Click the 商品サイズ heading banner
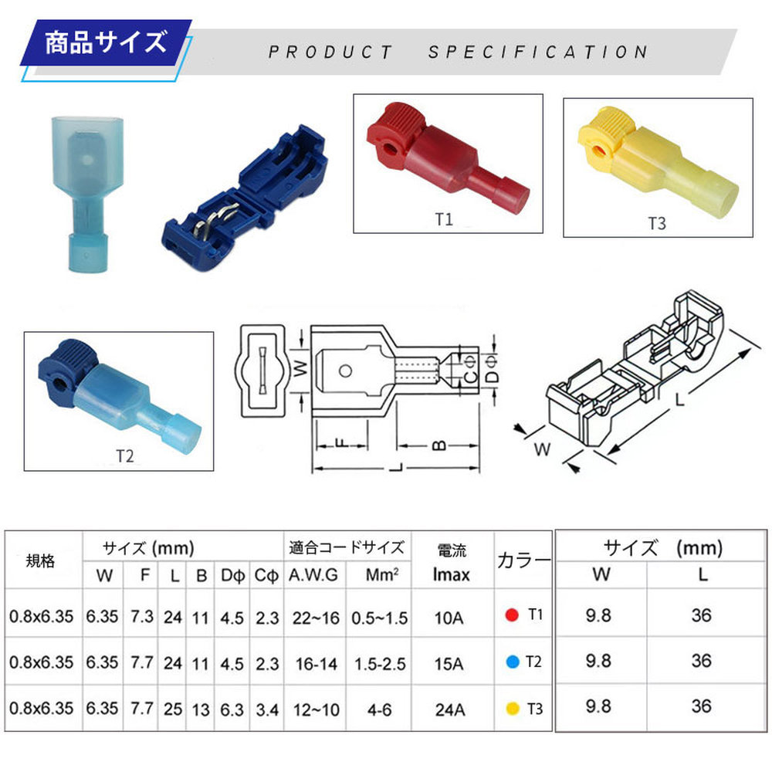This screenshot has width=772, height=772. pos(106,42)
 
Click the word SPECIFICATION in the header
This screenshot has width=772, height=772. pos(537,52)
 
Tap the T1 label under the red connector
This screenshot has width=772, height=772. pos(444,219)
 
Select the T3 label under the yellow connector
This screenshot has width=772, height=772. pos(657,224)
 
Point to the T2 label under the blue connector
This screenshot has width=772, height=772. pos(125,456)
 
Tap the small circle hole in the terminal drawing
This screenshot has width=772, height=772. pos(345,371)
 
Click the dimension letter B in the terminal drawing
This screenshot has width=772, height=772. pos(438,445)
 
